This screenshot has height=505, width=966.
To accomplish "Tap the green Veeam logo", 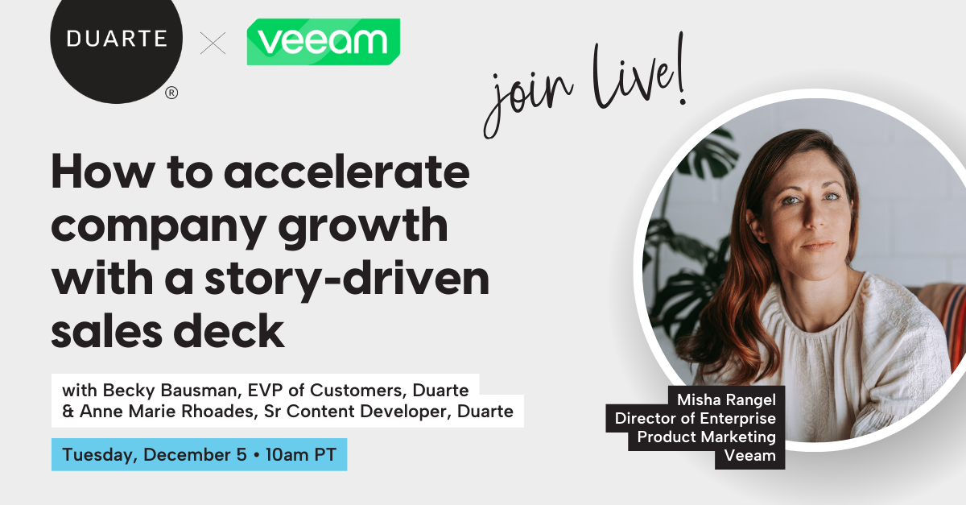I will pyautogui.click(x=323, y=42).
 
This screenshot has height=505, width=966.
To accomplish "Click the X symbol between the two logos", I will pyautogui.click(x=213, y=43).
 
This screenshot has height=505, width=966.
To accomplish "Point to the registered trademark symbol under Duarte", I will pyautogui.click(x=171, y=93).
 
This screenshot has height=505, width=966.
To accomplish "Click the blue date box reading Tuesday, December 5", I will pyautogui.click(x=199, y=455).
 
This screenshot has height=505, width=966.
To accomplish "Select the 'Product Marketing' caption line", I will pyautogui.click(x=706, y=437).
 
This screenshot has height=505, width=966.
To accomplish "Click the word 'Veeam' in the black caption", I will pyautogui.click(x=749, y=455).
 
